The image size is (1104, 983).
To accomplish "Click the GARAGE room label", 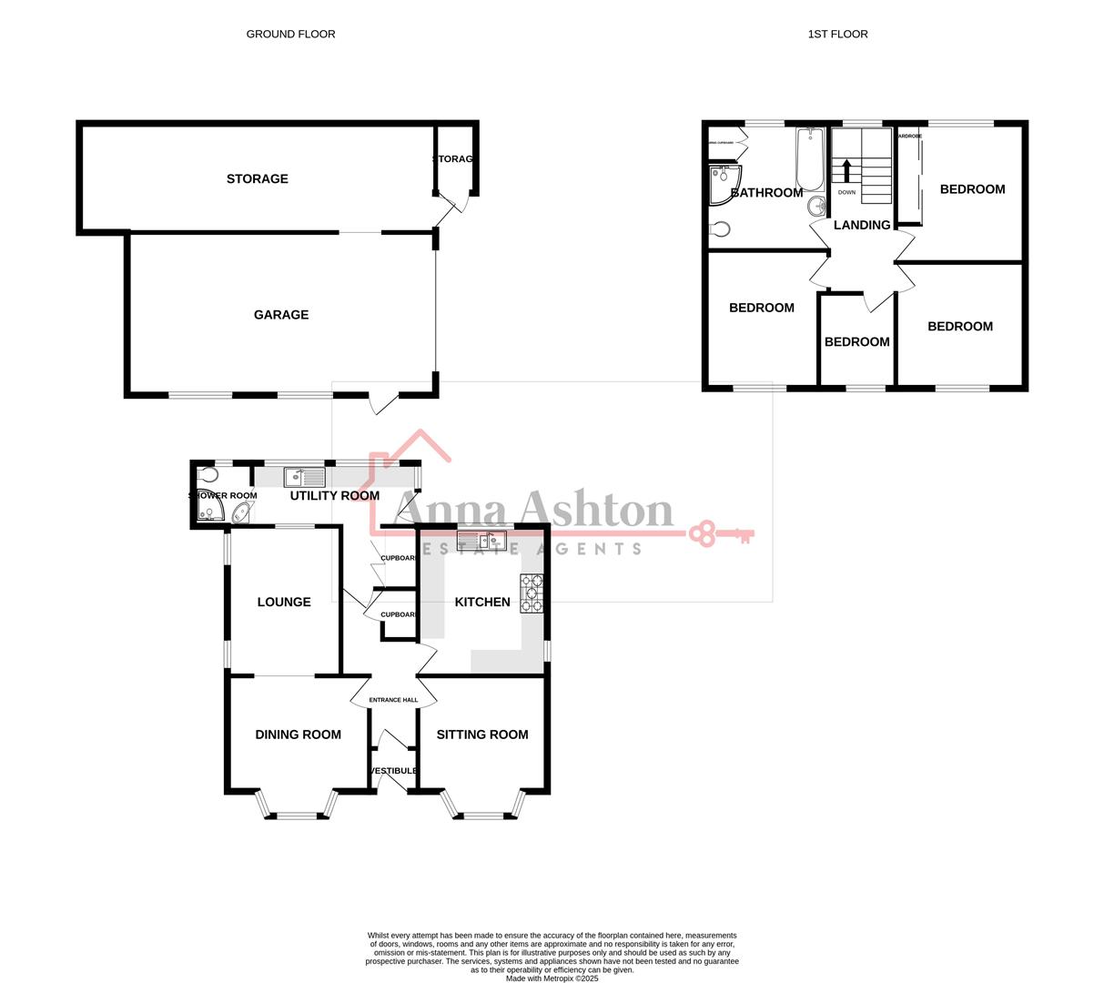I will (280, 315).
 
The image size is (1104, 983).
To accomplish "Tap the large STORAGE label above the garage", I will (257, 179).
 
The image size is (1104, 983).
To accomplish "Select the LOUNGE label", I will (283, 602).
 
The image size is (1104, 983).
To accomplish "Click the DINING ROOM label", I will (298, 735).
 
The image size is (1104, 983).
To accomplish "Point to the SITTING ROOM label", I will (481, 735).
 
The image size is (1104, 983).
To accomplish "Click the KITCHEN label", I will (481, 602).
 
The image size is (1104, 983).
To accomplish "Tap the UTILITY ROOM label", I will (334, 496).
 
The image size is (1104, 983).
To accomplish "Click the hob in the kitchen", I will (532, 593).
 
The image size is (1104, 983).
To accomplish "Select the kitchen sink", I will (481, 541).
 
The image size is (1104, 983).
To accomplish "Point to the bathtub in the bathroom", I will (809, 159).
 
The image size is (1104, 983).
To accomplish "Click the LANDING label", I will (861, 225).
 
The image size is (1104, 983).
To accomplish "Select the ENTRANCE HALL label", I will (393, 700).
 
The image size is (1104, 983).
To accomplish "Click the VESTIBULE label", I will (393, 771).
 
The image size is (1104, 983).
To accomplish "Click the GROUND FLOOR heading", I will (290, 34).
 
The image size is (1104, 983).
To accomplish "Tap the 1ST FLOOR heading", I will (837, 34).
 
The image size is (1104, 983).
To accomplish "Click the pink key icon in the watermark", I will (720, 533).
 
